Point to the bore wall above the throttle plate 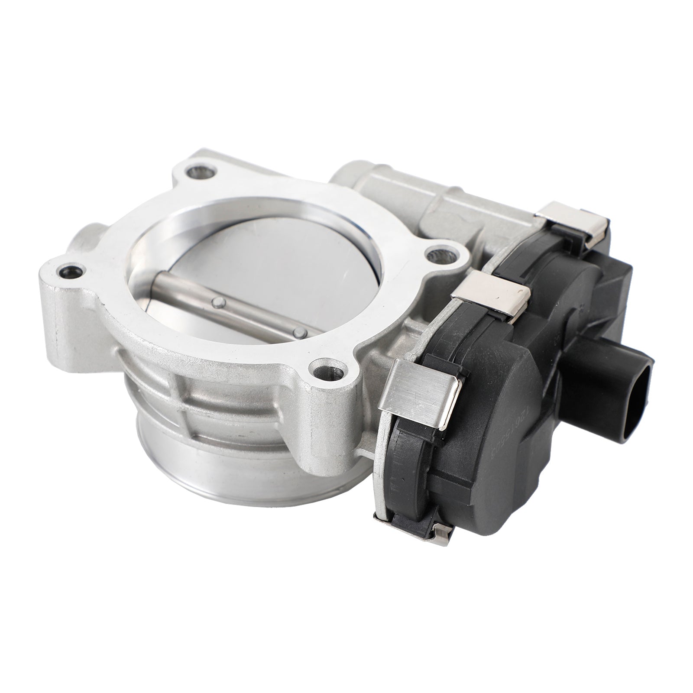click(x=243, y=212)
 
